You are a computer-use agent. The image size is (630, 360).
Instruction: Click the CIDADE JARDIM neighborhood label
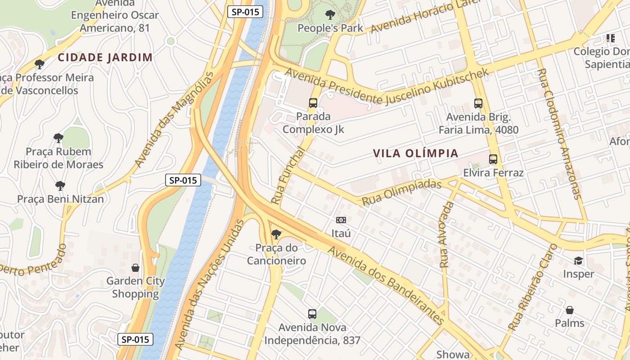coord(105,57)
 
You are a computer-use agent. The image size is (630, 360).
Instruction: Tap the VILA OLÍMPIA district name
coord(415,153)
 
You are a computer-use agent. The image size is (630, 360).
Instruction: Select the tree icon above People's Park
coord(330,15)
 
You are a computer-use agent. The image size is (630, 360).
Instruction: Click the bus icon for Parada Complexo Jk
coord(313,103)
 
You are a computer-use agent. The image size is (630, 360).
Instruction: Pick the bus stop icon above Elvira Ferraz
coord(493,159)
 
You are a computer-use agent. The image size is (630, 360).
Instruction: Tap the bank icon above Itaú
coord(341,220)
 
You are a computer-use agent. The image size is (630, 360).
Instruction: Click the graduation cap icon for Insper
coord(578,261)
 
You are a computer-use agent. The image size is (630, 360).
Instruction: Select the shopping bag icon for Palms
coord(569,310)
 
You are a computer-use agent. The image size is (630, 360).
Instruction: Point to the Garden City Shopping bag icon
coord(135,268)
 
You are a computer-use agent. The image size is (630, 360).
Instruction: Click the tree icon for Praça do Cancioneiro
coord(276,234)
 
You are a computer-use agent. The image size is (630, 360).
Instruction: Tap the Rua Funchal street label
coord(288,176)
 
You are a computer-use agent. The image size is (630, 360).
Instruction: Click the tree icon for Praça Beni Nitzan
coord(60,185)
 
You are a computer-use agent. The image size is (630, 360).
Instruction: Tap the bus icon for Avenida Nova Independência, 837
coord(312,314)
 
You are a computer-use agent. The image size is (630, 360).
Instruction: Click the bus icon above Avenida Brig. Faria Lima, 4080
coord(478,103)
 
